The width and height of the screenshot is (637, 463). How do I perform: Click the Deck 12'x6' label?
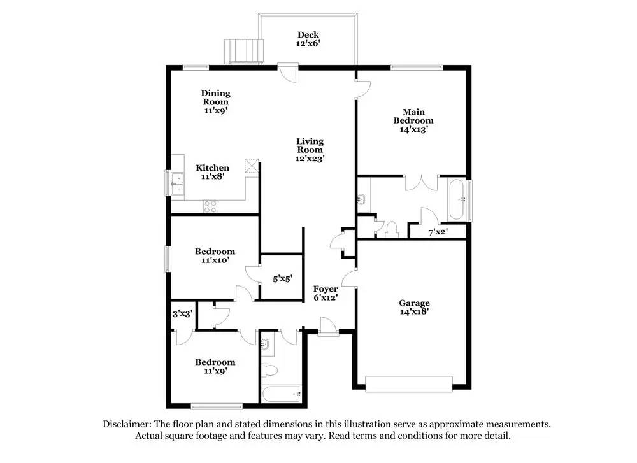(x=308, y=39)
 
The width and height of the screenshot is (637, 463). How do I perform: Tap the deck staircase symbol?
(x=243, y=50)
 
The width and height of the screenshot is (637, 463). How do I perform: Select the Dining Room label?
(x=215, y=102)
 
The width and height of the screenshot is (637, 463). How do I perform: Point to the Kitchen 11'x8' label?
(x=212, y=172)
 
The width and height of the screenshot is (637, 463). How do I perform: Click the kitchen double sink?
(x=177, y=183)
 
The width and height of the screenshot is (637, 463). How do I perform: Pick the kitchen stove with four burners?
(x=210, y=206)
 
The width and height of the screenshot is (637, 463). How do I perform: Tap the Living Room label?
(x=310, y=150)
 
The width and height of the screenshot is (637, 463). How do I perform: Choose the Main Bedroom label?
(x=413, y=120)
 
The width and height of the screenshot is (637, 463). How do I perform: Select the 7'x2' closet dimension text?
(x=438, y=232)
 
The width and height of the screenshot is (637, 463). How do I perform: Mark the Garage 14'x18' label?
(x=414, y=308)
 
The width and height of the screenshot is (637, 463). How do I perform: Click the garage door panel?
(x=408, y=383)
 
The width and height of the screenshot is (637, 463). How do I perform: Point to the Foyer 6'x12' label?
(x=326, y=293)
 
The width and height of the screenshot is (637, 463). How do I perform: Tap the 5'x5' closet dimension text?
(x=282, y=278)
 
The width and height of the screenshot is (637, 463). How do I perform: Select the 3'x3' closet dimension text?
(x=183, y=313)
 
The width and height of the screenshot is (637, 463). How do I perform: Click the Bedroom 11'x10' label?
(x=215, y=255)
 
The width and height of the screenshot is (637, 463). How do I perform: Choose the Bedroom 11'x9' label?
(x=215, y=366)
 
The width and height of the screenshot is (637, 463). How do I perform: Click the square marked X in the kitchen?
(x=252, y=166)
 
